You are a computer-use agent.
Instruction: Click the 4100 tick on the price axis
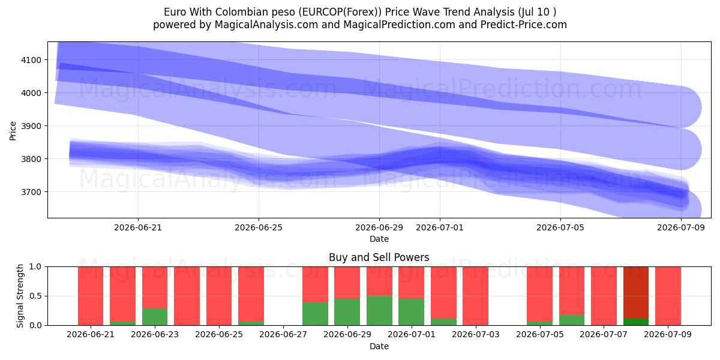(x=31, y=60)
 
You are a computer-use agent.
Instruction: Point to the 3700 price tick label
(x=31, y=192)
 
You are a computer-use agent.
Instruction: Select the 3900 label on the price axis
(x=31, y=126)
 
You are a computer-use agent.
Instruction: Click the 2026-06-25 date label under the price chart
(x=259, y=227)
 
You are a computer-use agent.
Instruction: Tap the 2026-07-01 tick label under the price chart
(x=440, y=227)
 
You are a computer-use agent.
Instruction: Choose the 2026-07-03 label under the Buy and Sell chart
(x=476, y=335)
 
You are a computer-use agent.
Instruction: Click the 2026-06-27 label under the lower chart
(x=283, y=335)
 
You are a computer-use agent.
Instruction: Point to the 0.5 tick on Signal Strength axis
(x=35, y=296)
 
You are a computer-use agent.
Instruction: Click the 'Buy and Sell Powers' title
(x=379, y=257)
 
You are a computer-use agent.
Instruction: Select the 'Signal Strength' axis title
(x=20, y=296)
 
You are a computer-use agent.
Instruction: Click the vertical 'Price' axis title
(x=13, y=131)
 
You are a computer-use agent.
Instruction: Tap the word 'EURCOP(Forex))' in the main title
(x=340, y=12)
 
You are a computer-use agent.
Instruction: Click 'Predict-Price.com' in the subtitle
(x=524, y=25)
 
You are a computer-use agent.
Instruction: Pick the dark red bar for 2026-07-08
(x=636, y=293)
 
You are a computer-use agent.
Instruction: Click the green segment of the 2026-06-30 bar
(x=379, y=311)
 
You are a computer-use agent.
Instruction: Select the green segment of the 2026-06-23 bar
(x=155, y=317)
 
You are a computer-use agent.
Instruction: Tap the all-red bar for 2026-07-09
(x=668, y=296)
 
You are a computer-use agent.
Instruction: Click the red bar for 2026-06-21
(x=91, y=296)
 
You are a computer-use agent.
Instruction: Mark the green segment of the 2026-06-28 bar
(x=316, y=314)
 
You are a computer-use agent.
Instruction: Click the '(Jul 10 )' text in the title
(x=537, y=12)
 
